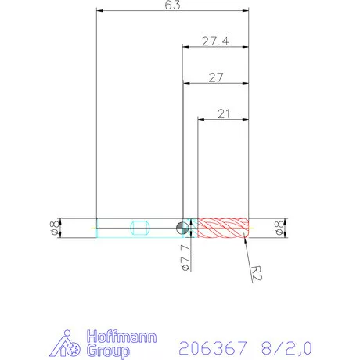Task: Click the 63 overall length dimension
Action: (x=173, y=5)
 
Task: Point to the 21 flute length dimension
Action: (x=223, y=114)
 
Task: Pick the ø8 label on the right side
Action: (x=279, y=228)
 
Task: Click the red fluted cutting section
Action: (x=223, y=228)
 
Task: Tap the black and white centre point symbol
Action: (x=182, y=228)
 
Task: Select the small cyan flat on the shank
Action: (x=141, y=228)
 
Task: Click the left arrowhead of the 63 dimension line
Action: (x=99, y=11)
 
